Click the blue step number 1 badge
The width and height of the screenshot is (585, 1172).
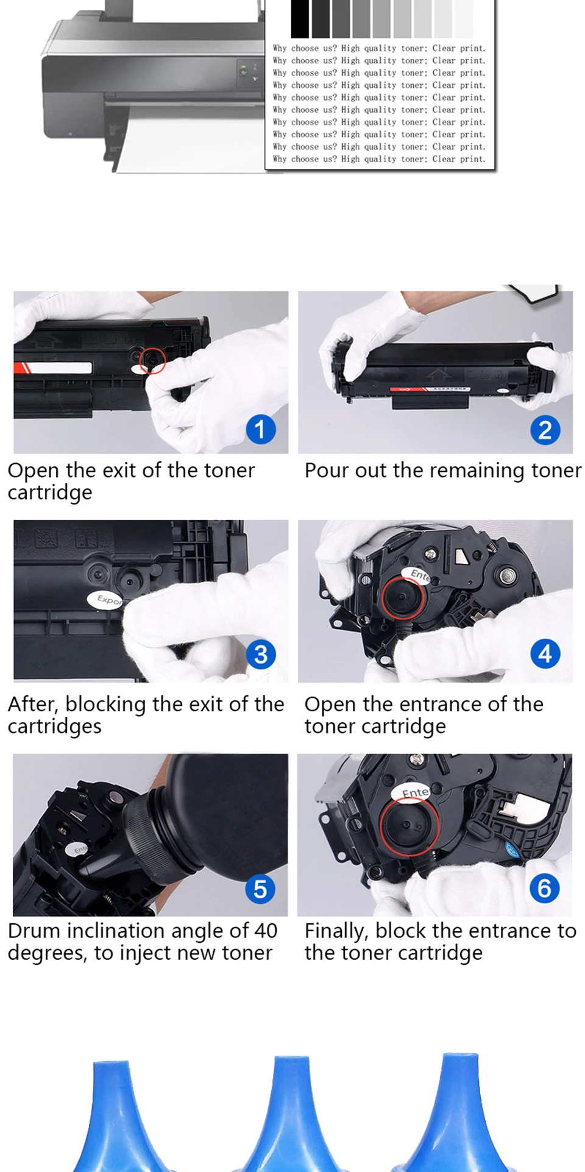261,429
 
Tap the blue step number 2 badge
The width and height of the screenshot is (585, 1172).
545,430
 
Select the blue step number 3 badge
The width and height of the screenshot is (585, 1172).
261,654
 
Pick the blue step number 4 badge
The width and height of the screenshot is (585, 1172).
545,653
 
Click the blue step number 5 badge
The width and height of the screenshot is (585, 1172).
260,889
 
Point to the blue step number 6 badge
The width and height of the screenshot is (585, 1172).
545,888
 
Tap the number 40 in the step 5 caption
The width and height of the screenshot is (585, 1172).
266,931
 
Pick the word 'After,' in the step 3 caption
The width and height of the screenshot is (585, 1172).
34,705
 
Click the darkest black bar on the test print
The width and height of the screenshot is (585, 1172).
300,18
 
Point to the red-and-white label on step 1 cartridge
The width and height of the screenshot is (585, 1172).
53,368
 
